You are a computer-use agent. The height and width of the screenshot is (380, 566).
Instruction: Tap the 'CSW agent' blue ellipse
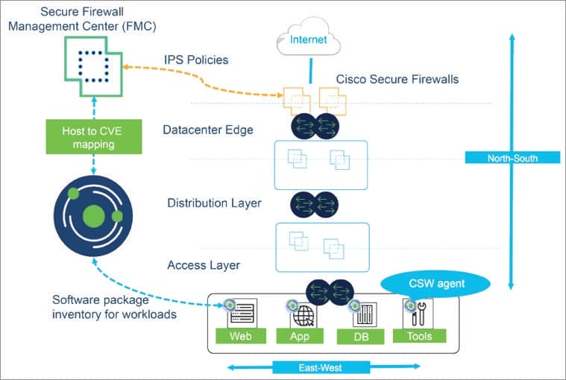pyautogui.click(x=435, y=282)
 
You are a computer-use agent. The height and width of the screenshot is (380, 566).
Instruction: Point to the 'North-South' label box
pyautogui.click(x=512, y=157)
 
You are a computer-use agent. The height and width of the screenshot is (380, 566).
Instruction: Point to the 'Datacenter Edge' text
pyautogui.click(x=208, y=130)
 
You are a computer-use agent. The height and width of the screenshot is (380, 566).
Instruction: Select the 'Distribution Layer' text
pyautogui.click(x=214, y=203)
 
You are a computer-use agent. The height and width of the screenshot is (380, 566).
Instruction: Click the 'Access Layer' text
pyautogui.click(x=203, y=265)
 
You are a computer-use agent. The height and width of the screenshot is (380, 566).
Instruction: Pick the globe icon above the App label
pyautogui.click(x=302, y=314)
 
